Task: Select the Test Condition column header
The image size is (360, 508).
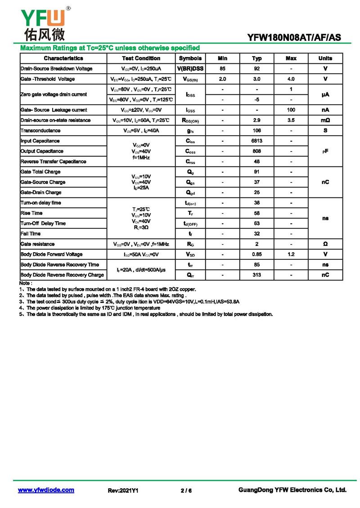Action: point(141,58)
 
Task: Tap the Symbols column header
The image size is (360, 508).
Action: point(190,58)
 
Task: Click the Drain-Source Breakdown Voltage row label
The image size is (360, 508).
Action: point(57,69)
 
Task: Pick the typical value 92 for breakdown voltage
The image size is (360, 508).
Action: point(257,69)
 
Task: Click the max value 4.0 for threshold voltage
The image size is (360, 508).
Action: point(291,79)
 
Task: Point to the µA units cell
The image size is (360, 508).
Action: point(325,94)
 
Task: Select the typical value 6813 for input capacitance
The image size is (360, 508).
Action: point(257,141)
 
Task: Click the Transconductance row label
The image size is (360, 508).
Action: point(40,131)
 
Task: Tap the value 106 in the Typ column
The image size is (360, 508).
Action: point(257,131)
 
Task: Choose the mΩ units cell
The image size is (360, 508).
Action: point(325,120)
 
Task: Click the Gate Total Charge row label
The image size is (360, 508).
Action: point(40,172)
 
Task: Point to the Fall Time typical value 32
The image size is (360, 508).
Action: point(257,234)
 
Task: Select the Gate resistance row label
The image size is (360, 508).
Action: point(38,244)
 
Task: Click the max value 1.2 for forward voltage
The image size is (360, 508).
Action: point(291,254)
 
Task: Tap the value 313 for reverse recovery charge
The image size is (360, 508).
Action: point(257,275)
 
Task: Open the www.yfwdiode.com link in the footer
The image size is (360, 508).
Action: point(46,490)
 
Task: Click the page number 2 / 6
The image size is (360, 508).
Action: point(186,490)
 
